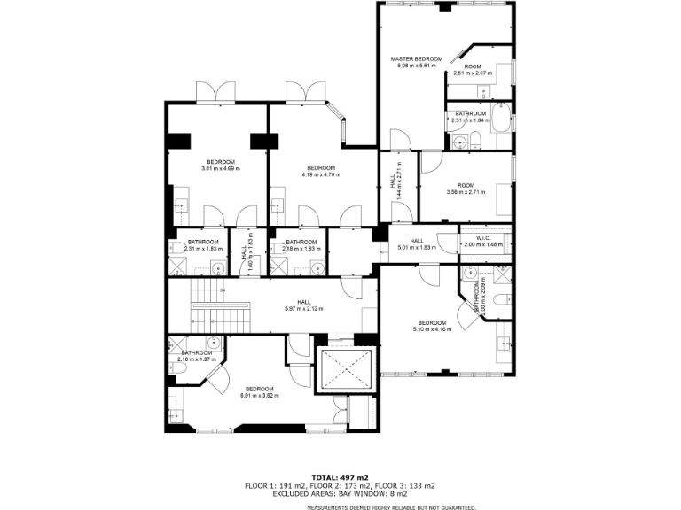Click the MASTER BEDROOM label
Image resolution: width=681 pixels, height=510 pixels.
coord(416,59)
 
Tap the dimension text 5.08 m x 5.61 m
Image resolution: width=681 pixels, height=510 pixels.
coord(416,66)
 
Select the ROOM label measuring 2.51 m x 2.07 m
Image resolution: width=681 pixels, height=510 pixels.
coord(473,67)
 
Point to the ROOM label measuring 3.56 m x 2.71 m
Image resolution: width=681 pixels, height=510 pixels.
coord(466,185)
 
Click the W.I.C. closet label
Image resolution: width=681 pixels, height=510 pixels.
coord(483,237)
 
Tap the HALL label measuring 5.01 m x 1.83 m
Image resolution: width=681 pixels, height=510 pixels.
coord(416,241)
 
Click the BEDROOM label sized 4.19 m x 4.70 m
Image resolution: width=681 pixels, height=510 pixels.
coord(320,168)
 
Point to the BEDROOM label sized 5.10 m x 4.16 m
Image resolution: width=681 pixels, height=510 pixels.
coord(432,322)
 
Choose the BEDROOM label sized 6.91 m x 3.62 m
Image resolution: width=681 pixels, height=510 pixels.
coord(259,389)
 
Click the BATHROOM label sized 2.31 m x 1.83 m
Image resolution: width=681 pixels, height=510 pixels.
coord(202,242)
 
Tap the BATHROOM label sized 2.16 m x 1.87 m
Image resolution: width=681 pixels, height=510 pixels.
coord(197,352)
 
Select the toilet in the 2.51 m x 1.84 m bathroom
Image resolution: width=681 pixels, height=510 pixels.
coord(475,138)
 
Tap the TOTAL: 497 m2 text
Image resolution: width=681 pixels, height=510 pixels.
coord(340,477)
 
